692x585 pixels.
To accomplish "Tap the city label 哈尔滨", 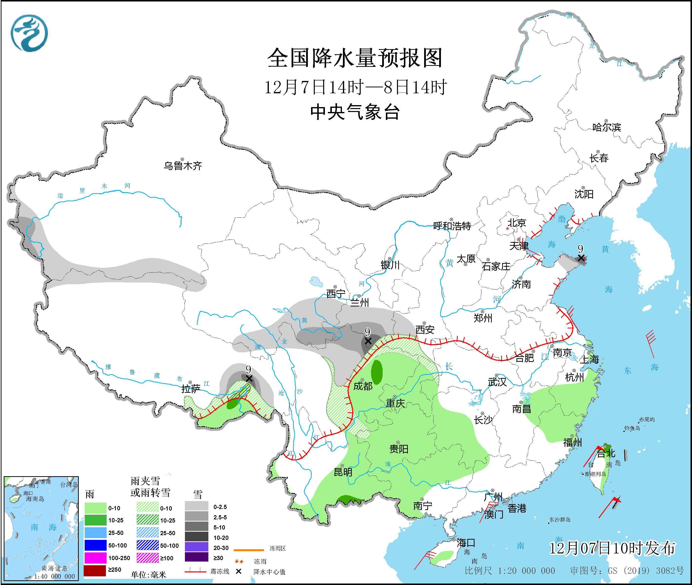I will point(606,127).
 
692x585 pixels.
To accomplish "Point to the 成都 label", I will point(363,386).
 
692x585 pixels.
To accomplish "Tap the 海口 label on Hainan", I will point(466,543).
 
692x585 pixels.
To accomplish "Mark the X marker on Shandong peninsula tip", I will point(580,258).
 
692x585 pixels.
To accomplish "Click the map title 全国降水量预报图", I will point(355,58).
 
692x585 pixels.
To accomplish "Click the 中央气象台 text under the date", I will point(355,112).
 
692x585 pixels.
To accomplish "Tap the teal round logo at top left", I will point(29,33).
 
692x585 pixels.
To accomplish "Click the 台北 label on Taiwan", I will point(606,453).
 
